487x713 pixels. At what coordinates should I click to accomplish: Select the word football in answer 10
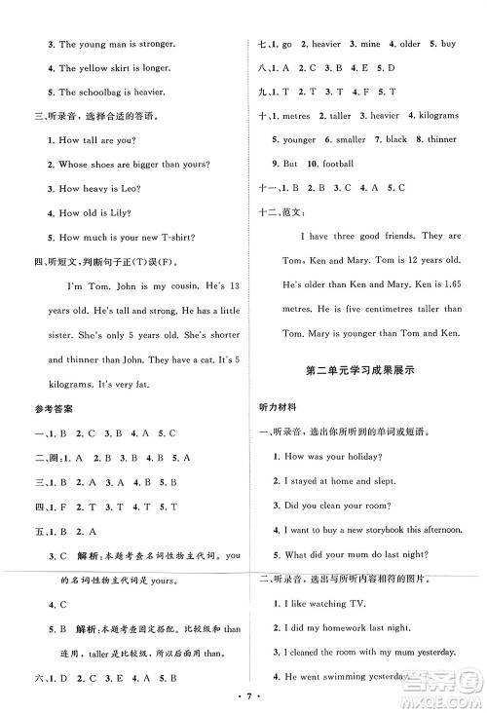tap(335, 163)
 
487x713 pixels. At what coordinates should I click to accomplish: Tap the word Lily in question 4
tap(115, 212)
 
